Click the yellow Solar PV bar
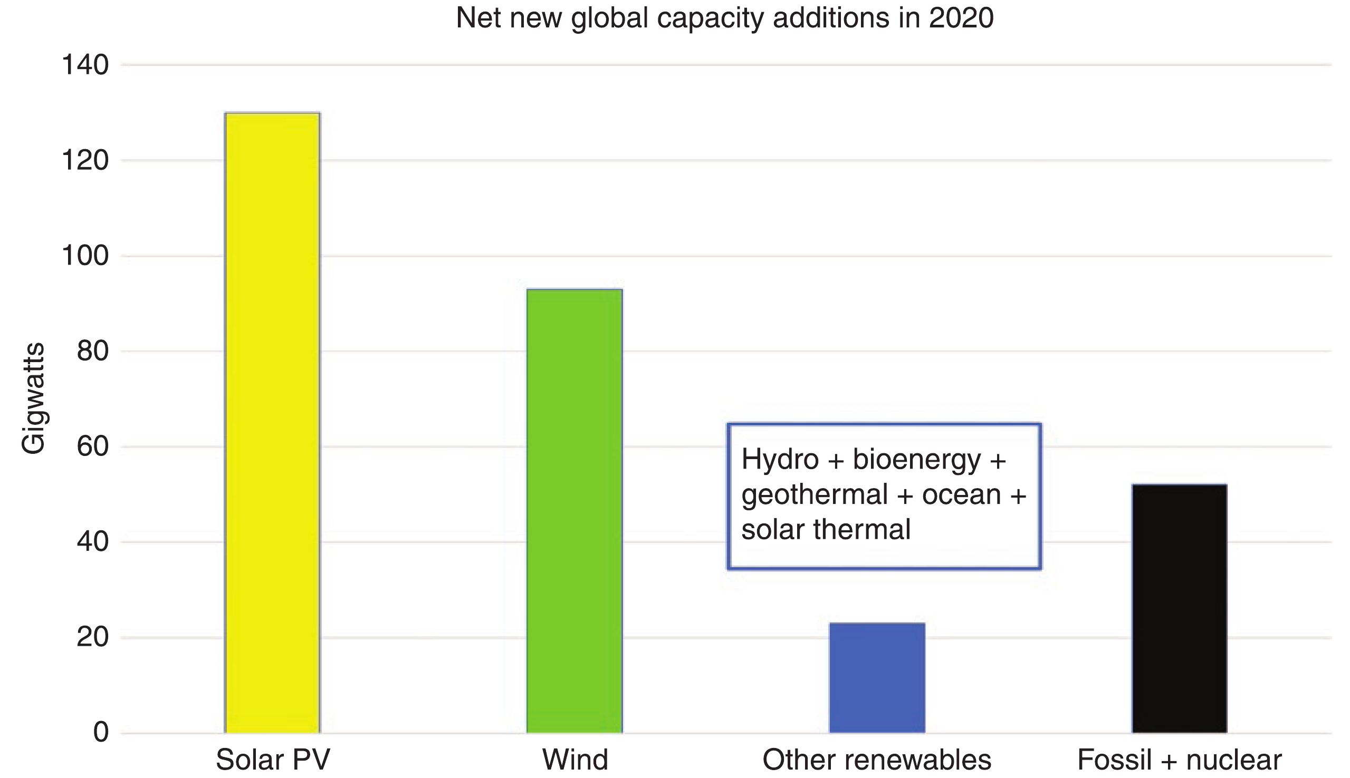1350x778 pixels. point(272,422)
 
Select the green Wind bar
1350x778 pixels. point(574,510)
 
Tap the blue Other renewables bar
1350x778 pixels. point(877,677)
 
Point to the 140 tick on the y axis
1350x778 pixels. point(85,65)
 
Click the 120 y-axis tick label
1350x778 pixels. point(85,160)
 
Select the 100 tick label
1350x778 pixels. point(85,256)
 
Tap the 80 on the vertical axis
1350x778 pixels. point(92,351)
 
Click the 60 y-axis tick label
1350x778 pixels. point(92,446)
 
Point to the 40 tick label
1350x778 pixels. point(92,542)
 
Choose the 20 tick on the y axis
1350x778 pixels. point(92,637)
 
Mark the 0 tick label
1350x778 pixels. point(101,732)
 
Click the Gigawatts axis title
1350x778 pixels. point(33,398)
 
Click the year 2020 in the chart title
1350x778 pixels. point(961,18)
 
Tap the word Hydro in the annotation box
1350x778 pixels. point(780,460)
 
